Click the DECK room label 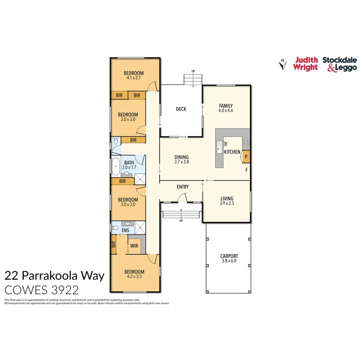point(181,109)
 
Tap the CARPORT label point(229,256)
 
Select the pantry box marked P point(246,156)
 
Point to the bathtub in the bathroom point(115,167)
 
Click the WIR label point(134,245)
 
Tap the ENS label point(126,231)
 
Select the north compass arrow point(283,65)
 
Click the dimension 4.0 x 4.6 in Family point(226,110)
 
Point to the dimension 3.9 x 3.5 point(227,203)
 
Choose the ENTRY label point(183,187)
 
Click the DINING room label point(182,157)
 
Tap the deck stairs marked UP point(192,80)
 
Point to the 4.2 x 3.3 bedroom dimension point(134,277)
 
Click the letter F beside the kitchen point(246,170)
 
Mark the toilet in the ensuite point(114,228)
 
